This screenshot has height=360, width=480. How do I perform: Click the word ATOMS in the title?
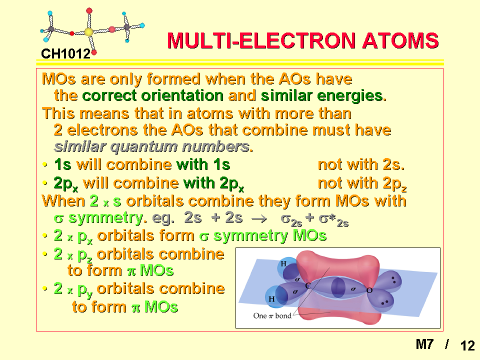pos(400,40)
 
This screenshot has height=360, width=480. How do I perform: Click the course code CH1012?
pos(65,54)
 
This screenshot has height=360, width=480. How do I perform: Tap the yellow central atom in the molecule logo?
pos(88,32)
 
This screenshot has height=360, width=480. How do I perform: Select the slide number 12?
pos(467,345)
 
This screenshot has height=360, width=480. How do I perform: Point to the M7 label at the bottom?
pos(425,344)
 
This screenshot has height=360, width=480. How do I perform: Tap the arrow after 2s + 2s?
pos(258,219)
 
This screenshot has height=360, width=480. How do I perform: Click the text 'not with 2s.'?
pos(361,164)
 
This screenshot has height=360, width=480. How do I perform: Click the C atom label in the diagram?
pos(307,285)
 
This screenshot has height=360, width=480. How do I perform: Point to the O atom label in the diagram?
pos(369,290)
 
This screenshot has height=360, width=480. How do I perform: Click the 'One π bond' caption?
pos(272,315)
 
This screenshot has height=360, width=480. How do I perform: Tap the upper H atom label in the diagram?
pos(283,263)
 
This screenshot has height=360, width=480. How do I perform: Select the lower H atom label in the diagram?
pos(271,299)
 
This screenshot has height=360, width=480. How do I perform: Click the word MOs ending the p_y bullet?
pos(161,306)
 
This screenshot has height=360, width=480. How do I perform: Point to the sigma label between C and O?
pos(353,288)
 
